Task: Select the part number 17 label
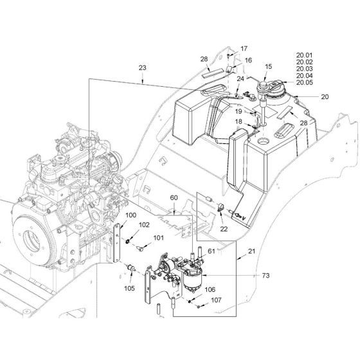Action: pos(244,49)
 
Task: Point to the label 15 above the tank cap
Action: pos(269,67)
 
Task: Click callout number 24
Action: pos(240,79)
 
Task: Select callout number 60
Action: pos(173,197)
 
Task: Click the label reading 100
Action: pos(130,215)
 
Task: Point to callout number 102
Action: pos(144,226)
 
